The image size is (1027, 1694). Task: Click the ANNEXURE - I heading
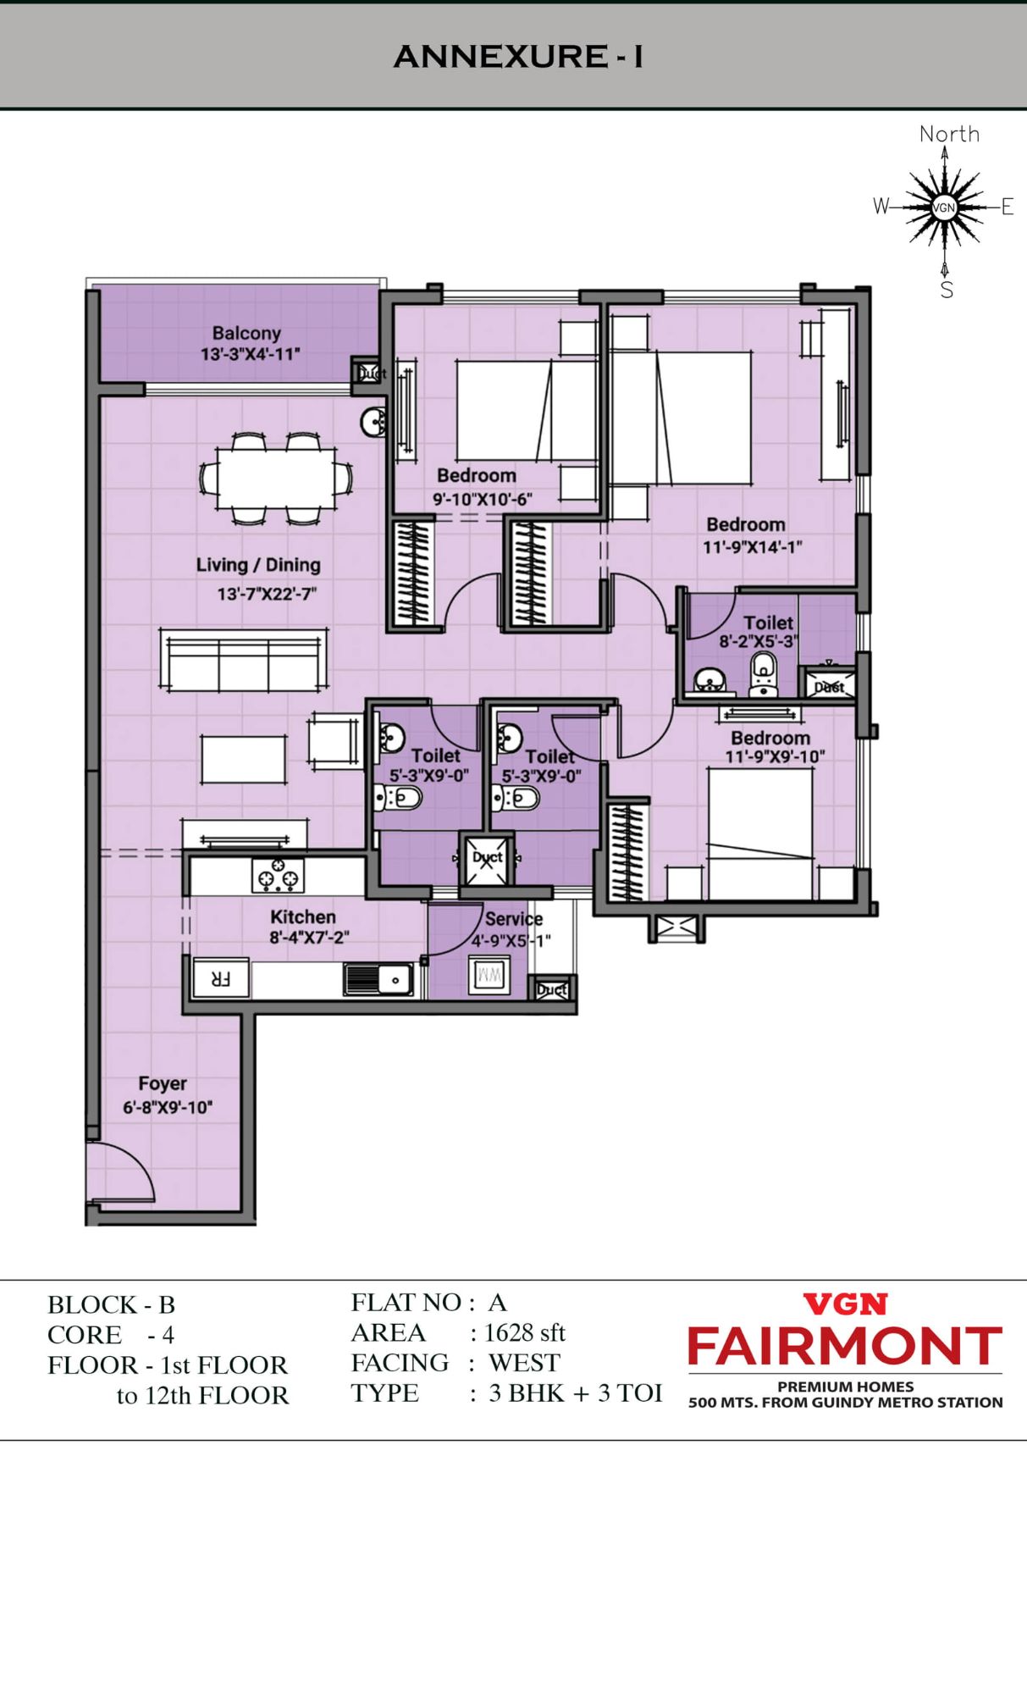518,57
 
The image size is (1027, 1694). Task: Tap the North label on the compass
949,134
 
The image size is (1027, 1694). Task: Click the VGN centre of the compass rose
943,208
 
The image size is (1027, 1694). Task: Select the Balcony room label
246,333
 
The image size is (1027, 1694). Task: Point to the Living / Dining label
258,565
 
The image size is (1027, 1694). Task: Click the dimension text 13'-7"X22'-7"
267,594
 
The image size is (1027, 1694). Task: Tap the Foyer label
163,1084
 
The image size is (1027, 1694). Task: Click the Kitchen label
303,916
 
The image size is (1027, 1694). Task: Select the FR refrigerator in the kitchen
221,979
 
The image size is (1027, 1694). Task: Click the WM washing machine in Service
489,975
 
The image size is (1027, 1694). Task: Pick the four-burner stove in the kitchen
278,875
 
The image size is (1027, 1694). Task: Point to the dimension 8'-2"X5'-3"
759,641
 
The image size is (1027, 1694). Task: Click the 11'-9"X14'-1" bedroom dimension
752,547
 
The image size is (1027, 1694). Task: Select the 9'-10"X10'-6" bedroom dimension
483,499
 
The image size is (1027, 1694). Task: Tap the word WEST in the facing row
524,1363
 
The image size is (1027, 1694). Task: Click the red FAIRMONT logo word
845,1347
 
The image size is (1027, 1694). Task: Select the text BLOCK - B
111,1304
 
